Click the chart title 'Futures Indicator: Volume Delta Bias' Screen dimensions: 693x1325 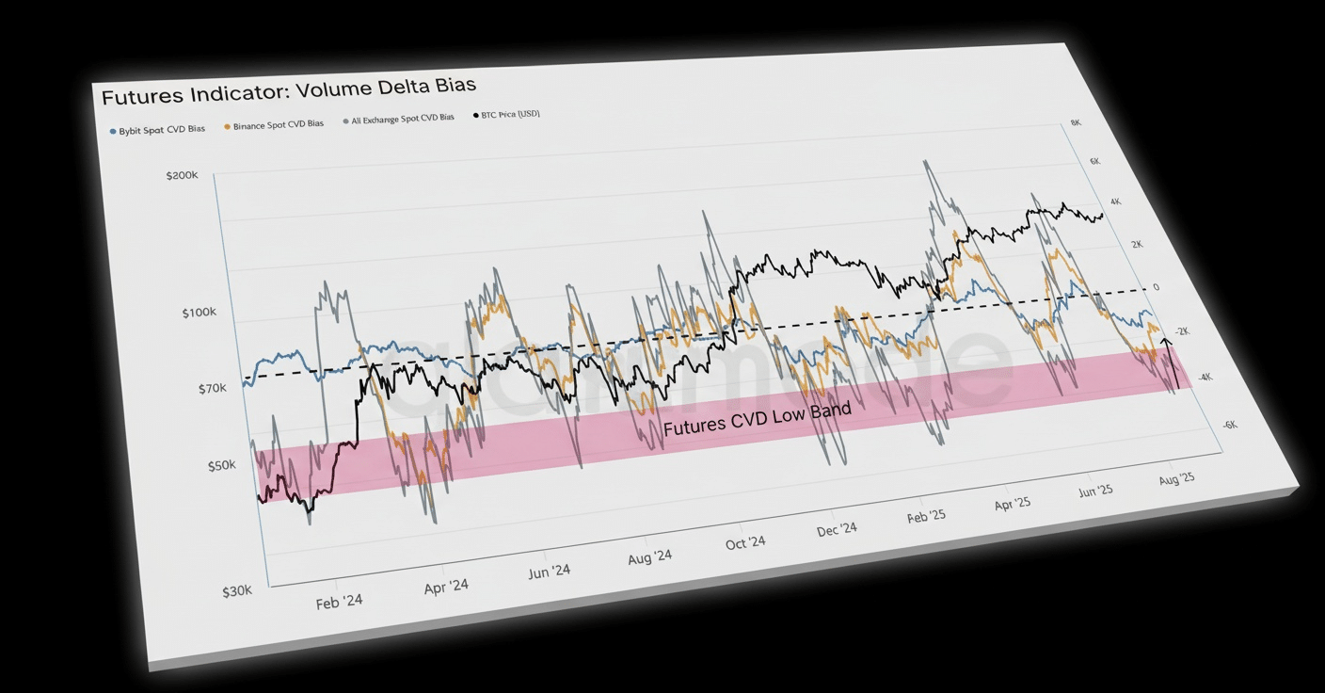[288, 91]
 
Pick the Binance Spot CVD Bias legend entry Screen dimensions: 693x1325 [274, 124]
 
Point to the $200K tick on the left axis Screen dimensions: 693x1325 [183, 176]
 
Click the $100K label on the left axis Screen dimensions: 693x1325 [199, 313]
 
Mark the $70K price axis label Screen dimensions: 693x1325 [211, 388]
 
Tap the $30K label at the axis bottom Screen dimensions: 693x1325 [236, 591]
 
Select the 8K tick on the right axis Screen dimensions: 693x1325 [1076, 123]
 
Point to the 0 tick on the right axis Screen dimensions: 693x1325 [1156, 287]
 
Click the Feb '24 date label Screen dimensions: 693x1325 [339, 601]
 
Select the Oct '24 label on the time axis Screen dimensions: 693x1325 [745, 543]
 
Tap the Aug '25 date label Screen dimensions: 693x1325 [1176, 478]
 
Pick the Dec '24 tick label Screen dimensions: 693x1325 [837, 530]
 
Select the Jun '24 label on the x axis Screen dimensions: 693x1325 [549, 571]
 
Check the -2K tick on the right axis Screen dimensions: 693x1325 [1181, 331]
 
